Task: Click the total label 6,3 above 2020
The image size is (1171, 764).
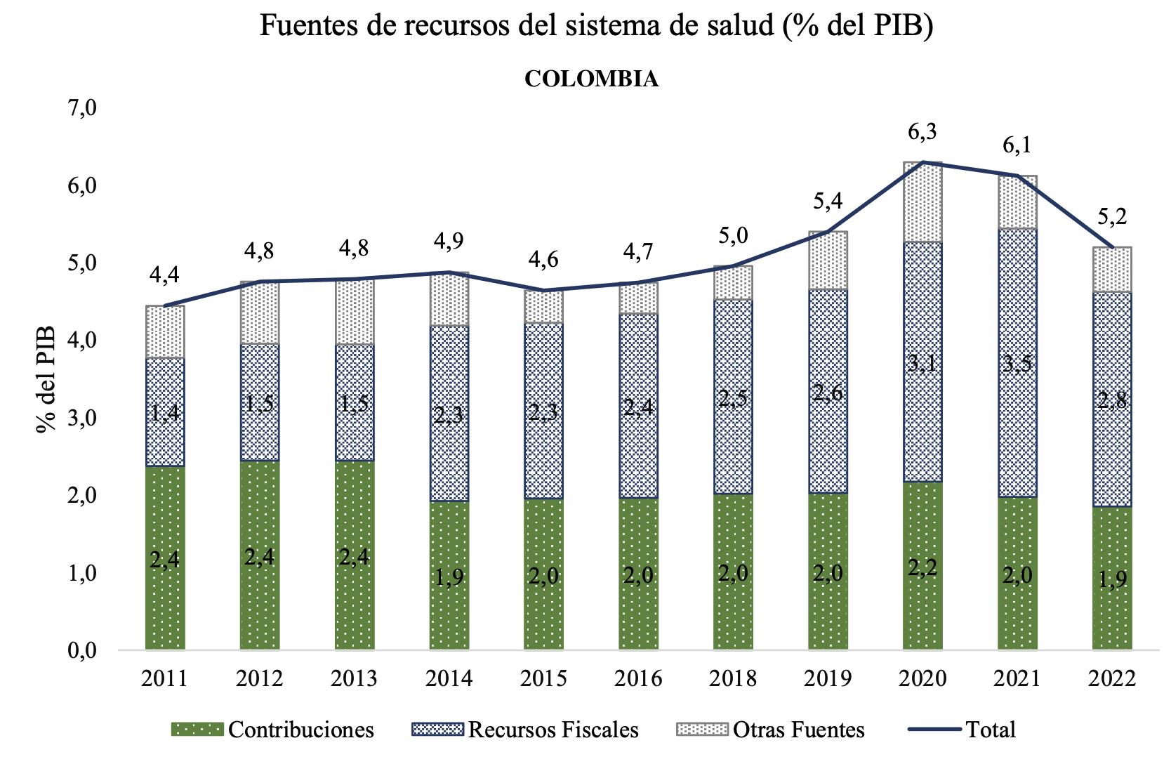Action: [x=922, y=131]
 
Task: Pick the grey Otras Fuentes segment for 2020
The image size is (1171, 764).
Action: [x=922, y=202]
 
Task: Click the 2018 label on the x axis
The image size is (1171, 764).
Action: [x=733, y=678]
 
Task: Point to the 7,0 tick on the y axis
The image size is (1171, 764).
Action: [x=82, y=109]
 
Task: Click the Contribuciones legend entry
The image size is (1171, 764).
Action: [x=273, y=730]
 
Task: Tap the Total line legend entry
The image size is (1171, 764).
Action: [x=962, y=730]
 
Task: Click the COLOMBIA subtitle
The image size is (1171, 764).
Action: [x=591, y=79]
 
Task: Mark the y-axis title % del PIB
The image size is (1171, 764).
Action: [x=46, y=379]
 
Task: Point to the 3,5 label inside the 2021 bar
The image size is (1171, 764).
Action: [x=1017, y=364]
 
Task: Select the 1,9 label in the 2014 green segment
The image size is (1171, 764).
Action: [x=449, y=577]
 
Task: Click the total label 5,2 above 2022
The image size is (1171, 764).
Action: [x=1112, y=216]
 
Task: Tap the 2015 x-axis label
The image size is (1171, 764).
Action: [x=543, y=678]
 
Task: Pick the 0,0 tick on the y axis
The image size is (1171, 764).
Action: [x=82, y=651]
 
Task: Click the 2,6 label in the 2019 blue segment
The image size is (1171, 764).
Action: [x=828, y=393]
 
